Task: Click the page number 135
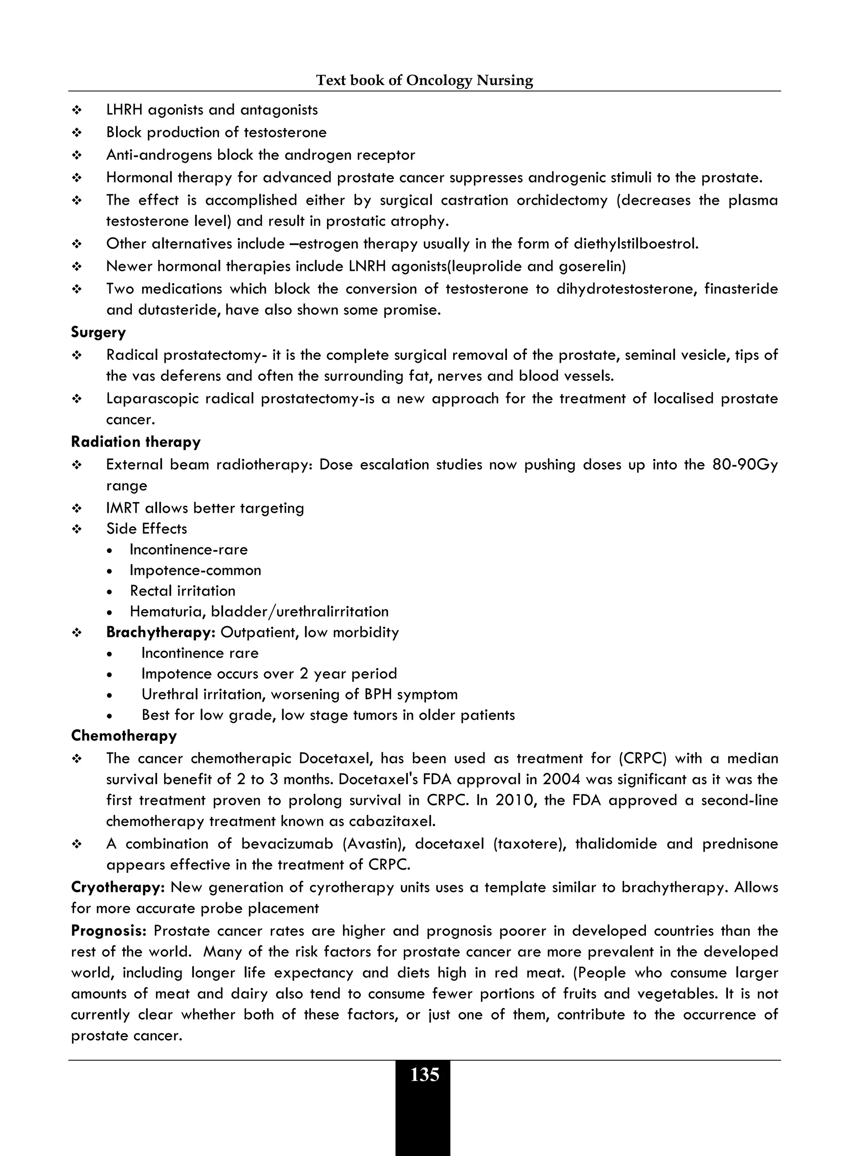click(x=424, y=1075)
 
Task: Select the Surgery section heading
click(x=98, y=332)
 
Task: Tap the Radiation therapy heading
click(x=136, y=442)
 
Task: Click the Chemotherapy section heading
click(x=124, y=736)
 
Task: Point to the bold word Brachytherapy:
click(x=160, y=632)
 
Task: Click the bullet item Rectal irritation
click(x=182, y=591)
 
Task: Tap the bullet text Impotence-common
click(x=195, y=571)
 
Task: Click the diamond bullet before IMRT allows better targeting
click(x=77, y=508)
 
